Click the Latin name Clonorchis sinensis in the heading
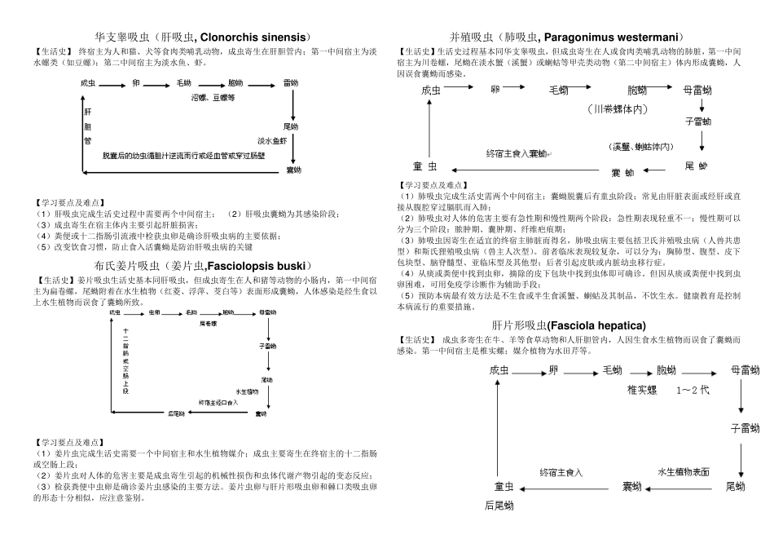click(253, 38)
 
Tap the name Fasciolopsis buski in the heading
click(257, 266)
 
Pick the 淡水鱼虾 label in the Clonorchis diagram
click(273, 140)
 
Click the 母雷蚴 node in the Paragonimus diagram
click(697, 90)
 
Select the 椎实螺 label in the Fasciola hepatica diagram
click(642, 390)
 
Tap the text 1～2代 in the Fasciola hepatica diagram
click(693, 390)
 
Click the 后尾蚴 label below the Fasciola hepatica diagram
click(499, 506)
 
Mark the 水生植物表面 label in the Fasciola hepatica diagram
click(683, 471)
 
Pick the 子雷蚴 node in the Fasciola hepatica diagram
click(744, 427)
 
